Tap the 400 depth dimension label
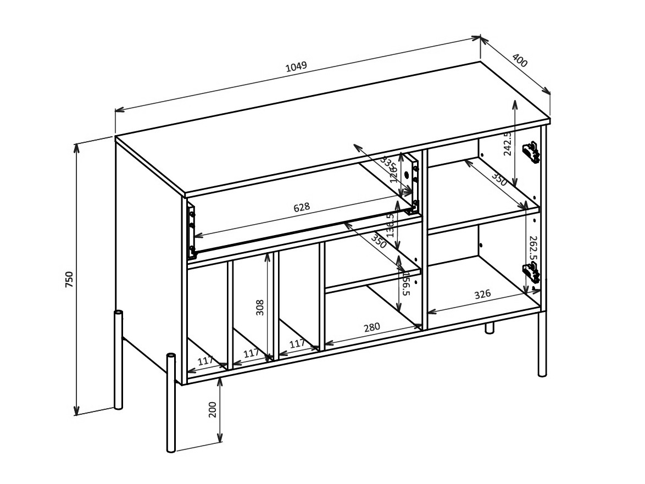tap(519, 60)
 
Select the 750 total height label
tap(69, 279)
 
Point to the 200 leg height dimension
tap(213, 409)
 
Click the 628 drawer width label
tap(302, 207)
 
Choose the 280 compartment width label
tap(372, 327)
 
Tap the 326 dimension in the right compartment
tap(482, 294)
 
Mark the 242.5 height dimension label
tap(508, 143)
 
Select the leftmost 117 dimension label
tap(205, 360)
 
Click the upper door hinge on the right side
tap(531, 152)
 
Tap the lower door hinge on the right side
tap(530, 272)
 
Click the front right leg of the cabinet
tap(542, 343)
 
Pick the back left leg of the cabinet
tap(118, 360)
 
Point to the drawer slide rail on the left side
tap(191, 231)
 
